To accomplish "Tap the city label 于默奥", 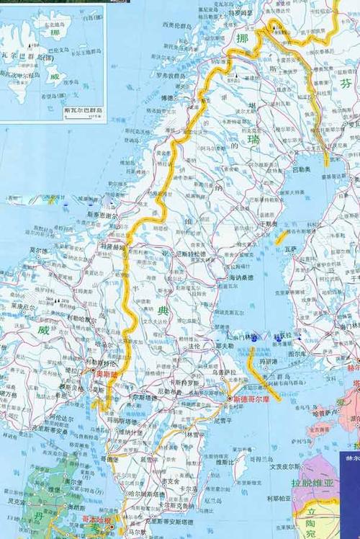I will [x=269, y=223].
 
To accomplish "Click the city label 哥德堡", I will [x=109, y=458].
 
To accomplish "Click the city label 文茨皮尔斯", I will [x=286, y=465].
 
